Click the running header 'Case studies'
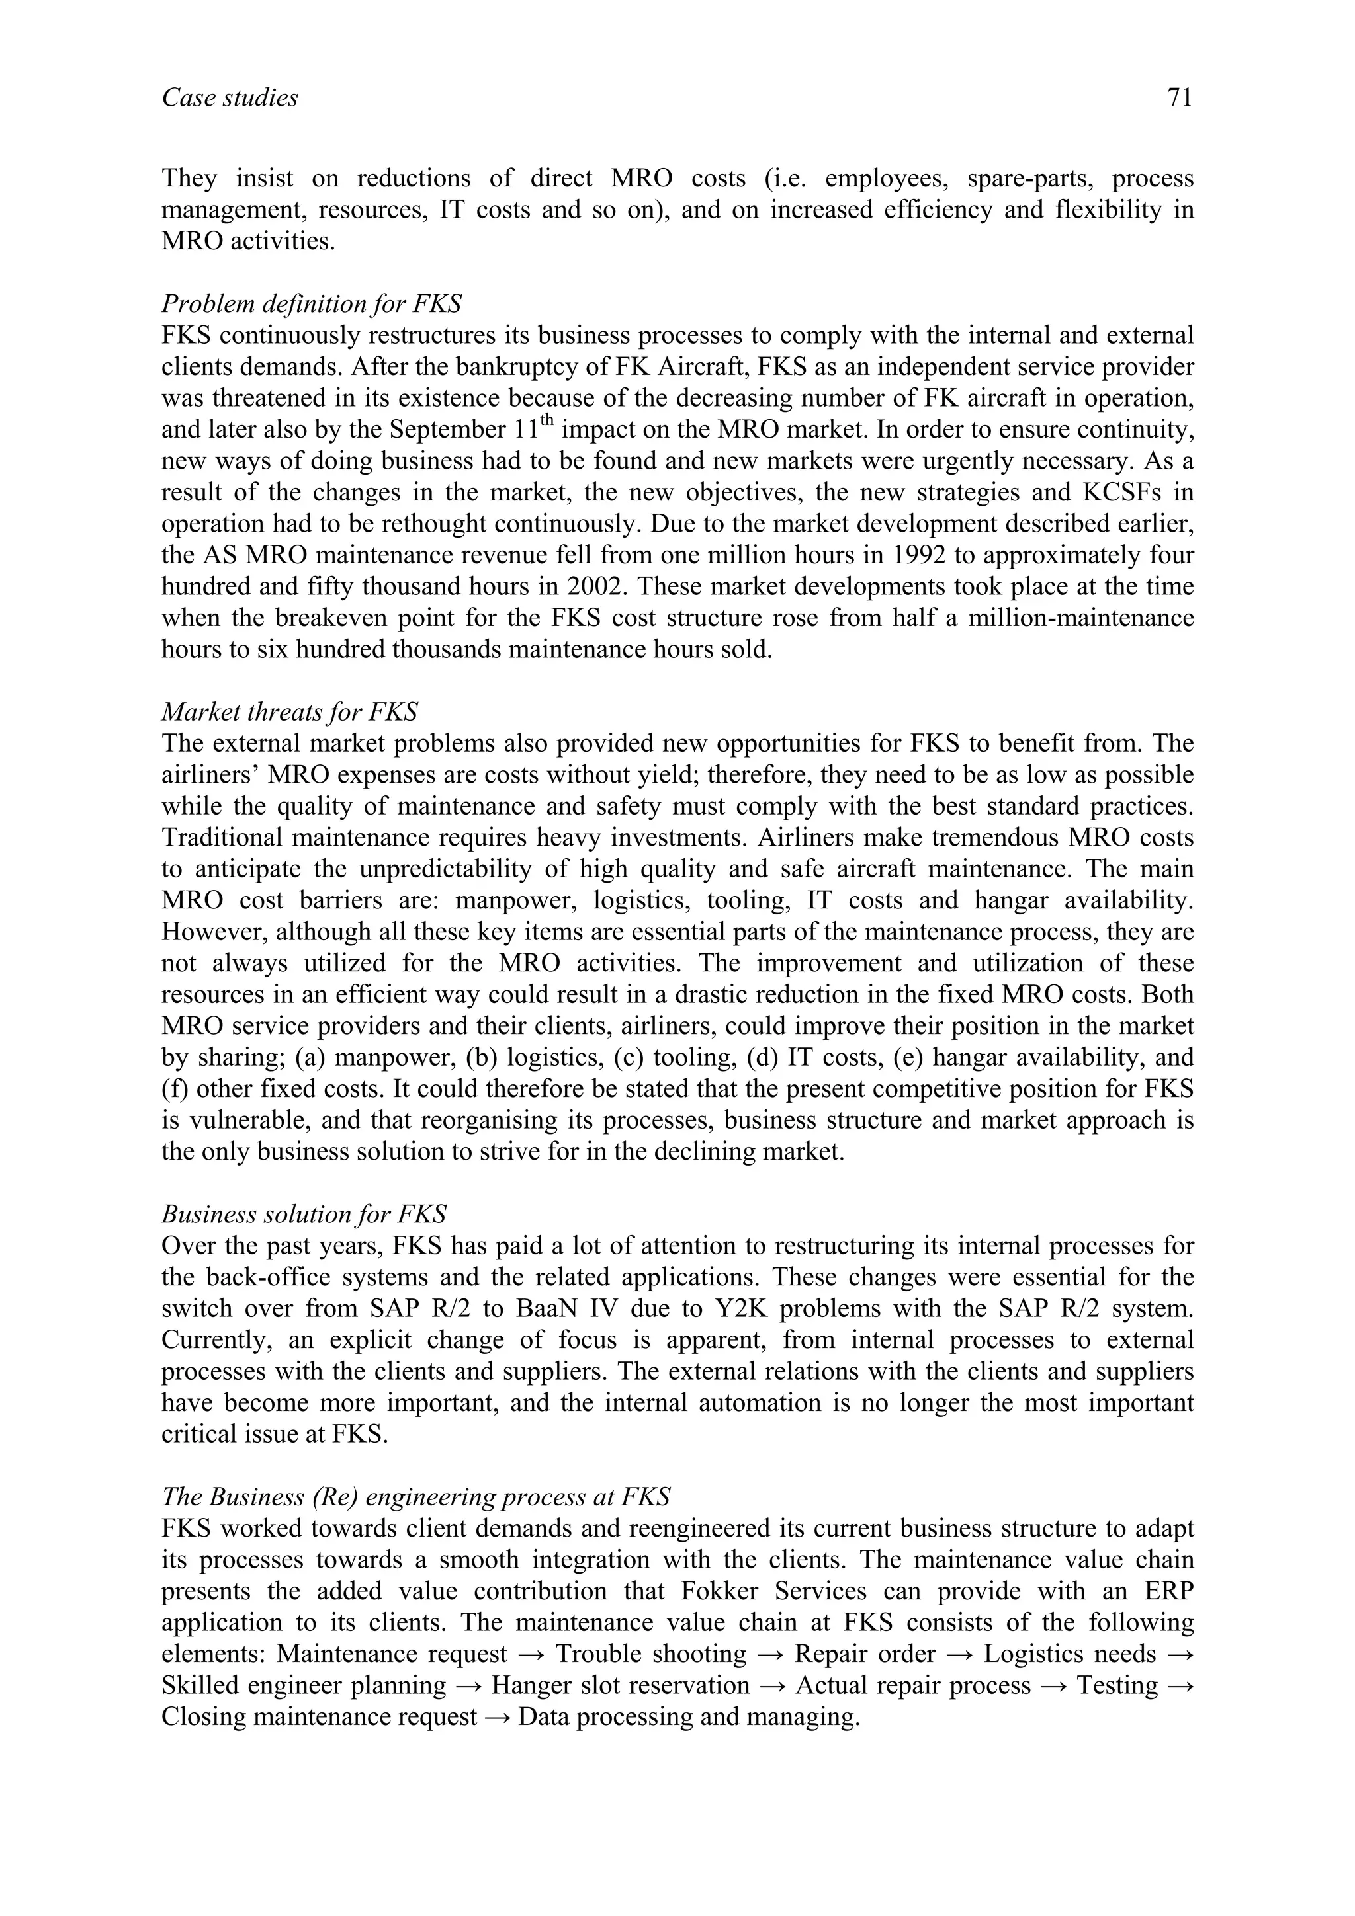[x=230, y=99]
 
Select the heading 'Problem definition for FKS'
[x=312, y=303]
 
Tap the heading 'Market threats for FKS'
[x=290, y=712]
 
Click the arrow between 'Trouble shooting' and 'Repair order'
[x=771, y=1654]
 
